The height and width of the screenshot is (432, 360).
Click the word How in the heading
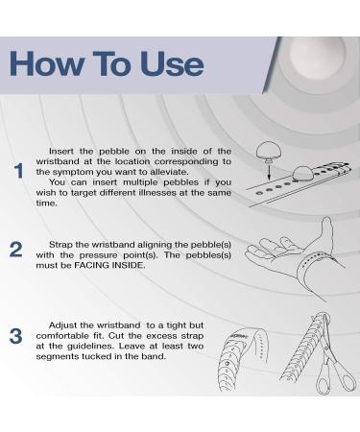coord(46,63)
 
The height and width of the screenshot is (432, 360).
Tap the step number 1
coord(19,171)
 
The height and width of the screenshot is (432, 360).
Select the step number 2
coord(16,250)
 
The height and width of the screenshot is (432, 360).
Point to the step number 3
coord(16,336)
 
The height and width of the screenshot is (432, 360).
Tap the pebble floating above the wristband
coord(269,152)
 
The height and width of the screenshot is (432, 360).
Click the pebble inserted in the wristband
coord(302,175)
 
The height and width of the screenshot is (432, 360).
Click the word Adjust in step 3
coord(62,325)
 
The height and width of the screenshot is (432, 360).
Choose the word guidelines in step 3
coord(91,347)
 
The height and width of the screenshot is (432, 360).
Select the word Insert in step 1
coord(61,151)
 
